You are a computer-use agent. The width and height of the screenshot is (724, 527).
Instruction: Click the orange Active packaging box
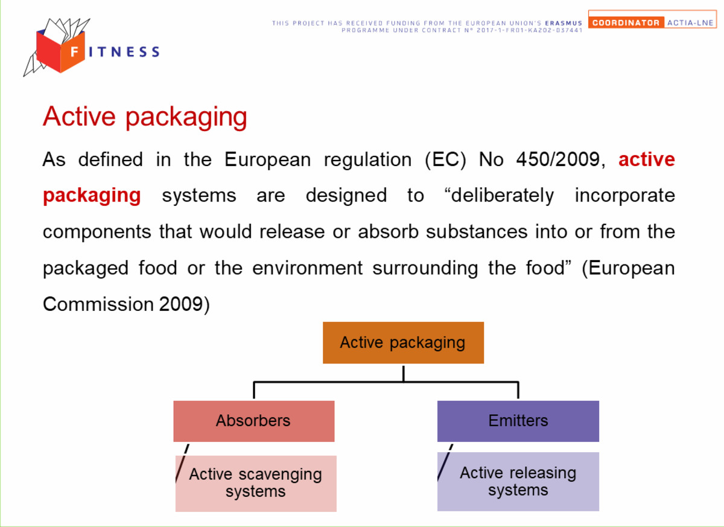(403, 342)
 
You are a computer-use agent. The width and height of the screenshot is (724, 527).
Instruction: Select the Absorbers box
(254, 421)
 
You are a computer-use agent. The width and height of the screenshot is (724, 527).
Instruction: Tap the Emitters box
(518, 421)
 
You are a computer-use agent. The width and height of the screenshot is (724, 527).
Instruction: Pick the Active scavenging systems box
(256, 484)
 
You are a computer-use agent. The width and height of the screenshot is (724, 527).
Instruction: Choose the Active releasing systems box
(518, 481)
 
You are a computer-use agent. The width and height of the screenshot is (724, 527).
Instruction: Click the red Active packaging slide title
(145, 117)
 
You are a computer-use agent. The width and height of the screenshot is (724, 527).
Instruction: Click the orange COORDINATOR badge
(626, 22)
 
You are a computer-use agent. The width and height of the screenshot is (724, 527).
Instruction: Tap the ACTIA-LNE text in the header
(690, 22)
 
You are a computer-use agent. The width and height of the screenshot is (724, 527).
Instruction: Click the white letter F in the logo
(74, 51)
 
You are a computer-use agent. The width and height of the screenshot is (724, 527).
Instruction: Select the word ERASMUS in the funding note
(564, 24)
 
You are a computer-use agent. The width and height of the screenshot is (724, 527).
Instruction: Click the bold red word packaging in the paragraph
(92, 196)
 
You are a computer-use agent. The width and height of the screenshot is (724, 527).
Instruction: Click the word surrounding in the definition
(425, 269)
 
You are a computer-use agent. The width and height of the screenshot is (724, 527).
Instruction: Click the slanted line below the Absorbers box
(182, 464)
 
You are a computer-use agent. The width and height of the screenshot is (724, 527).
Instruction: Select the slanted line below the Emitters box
(445, 462)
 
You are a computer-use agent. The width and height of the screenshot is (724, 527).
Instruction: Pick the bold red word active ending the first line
(647, 159)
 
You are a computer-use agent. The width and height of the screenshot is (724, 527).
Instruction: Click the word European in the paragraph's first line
(268, 160)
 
